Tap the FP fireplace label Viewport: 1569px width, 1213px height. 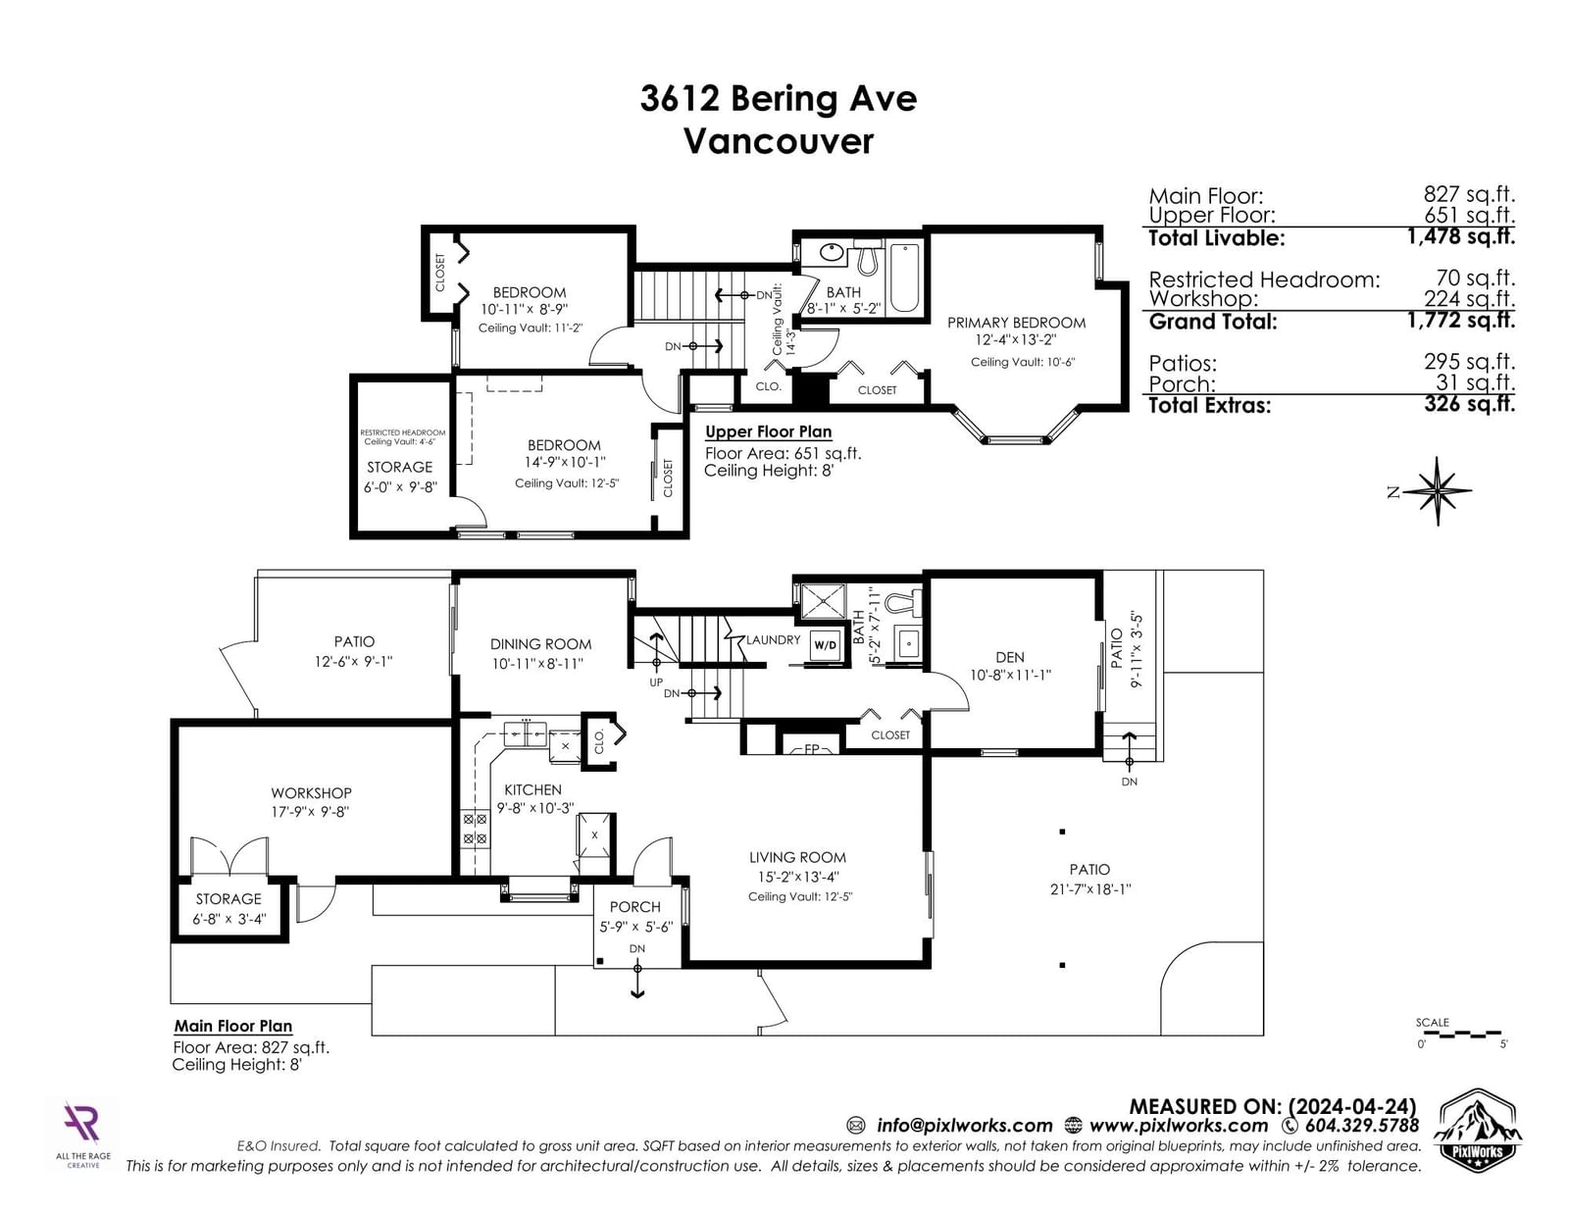click(812, 749)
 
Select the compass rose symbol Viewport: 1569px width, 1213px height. click(1437, 491)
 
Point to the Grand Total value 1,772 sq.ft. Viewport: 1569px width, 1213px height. click(1460, 320)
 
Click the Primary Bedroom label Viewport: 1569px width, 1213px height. click(1016, 323)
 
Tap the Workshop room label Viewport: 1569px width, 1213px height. click(311, 792)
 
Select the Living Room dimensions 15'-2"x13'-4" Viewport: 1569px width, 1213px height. click(797, 877)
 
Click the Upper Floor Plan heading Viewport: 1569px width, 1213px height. click(768, 431)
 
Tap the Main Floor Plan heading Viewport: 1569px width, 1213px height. click(233, 1026)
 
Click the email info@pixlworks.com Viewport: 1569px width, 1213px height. click(965, 1126)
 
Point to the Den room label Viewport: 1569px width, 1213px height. click(1009, 657)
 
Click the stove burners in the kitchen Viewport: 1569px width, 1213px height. click(475, 829)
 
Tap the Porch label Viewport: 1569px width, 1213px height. click(634, 907)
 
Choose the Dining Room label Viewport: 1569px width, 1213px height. click(540, 644)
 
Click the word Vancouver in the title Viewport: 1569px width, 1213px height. click(779, 141)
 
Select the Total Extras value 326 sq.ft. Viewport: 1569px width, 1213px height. click(1469, 404)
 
